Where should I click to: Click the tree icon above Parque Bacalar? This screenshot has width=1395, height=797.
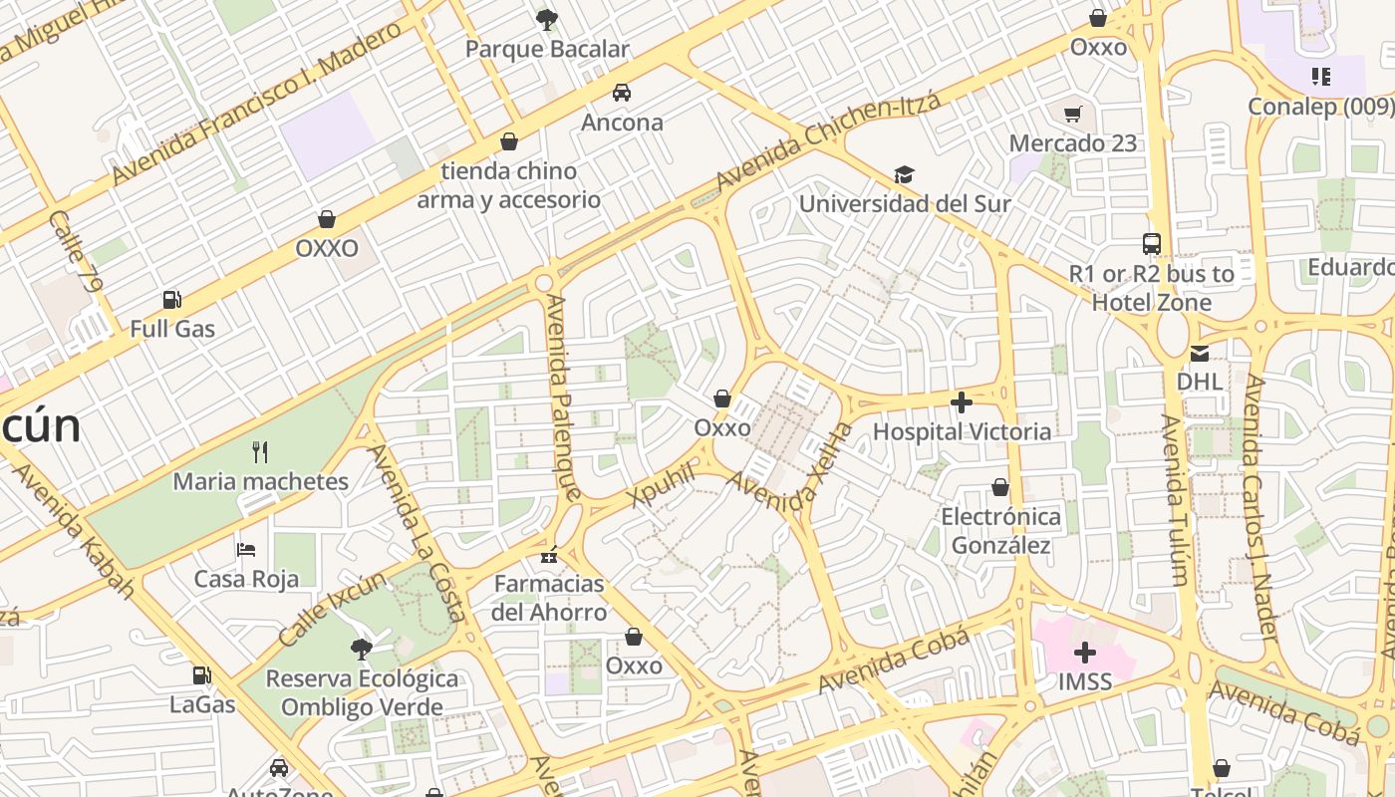546,18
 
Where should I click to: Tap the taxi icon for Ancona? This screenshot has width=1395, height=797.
622,93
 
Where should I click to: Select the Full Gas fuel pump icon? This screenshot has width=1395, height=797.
171,299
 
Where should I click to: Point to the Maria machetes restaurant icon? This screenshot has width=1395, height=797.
260,452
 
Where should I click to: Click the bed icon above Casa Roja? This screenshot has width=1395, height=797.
246,549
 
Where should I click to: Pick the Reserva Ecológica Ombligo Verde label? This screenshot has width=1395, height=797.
362,692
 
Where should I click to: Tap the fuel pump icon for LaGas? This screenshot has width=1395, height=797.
201,674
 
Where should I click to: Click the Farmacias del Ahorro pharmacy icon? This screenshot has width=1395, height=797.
548,555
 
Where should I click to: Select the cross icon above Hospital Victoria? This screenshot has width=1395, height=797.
962,402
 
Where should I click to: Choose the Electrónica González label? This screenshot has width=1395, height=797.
1000,531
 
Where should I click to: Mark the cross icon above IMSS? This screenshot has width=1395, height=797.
1085,654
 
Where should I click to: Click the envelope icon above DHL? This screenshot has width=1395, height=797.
1199,353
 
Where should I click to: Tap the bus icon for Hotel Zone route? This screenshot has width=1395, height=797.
1152,243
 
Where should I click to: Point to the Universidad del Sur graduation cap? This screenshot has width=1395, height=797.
904,174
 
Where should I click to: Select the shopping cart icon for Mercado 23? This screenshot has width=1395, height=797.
1072,114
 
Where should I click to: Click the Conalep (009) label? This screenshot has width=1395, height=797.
1321,106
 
